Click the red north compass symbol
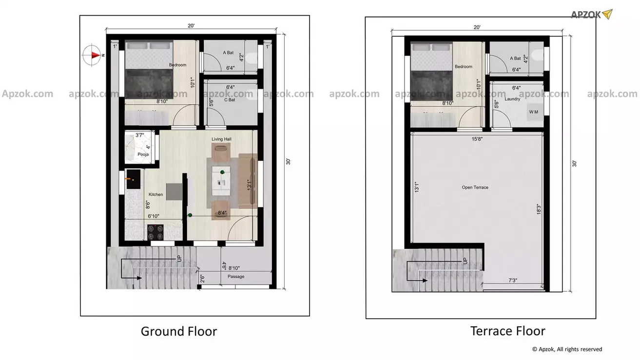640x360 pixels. click(92, 55)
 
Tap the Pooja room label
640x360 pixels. click(143, 154)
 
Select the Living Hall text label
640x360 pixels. click(221, 139)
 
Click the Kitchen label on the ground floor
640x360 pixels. click(156, 194)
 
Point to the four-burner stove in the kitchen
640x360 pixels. click(155, 229)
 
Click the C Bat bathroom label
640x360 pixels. click(230, 100)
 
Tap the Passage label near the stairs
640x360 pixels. click(236, 277)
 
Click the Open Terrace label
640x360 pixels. click(475, 188)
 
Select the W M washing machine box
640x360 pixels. click(533, 112)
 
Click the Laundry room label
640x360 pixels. click(512, 99)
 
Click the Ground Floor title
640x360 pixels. click(179, 332)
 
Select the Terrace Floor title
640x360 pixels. click(507, 331)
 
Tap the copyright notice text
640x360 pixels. click(567, 349)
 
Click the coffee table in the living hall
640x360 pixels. click(221, 181)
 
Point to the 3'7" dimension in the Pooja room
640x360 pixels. click(140, 135)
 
